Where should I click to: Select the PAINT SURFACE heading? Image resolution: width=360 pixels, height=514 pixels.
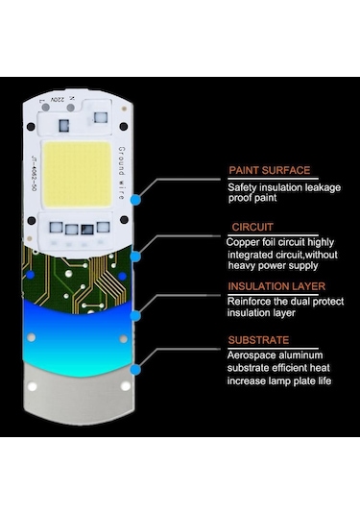click(x=269, y=170)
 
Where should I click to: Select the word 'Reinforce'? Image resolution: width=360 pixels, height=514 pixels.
click(x=251, y=300)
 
